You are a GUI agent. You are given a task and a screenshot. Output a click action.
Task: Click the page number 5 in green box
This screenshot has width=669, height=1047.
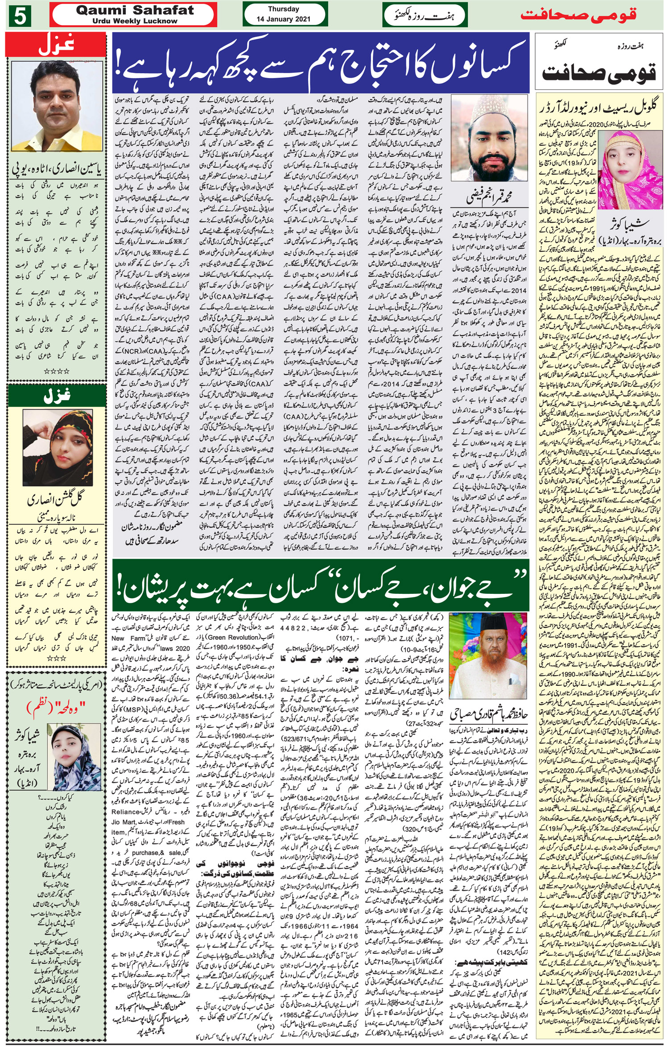[x=19, y=17]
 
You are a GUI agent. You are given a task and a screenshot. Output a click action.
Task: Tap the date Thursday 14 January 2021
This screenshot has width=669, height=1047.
[x=283, y=14]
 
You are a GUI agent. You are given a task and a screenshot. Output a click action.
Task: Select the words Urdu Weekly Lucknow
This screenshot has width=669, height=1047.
[x=135, y=21]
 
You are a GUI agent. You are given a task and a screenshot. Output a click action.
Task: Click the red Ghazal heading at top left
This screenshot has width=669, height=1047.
[x=56, y=46]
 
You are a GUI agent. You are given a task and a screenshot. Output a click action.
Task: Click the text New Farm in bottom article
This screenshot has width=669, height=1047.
[x=129, y=638]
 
